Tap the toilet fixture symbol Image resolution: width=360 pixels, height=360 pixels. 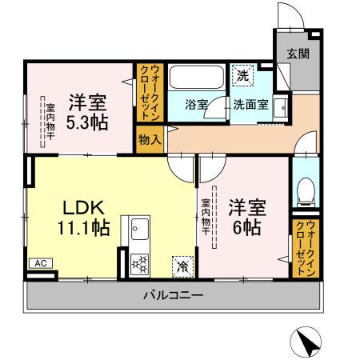click(x=303, y=190)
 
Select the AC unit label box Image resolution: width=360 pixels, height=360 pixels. click(x=39, y=262)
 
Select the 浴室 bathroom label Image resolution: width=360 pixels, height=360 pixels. click(x=196, y=104)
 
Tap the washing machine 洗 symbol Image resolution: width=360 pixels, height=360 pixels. click(x=243, y=77)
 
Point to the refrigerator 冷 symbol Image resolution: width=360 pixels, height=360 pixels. click(x=182, y=263)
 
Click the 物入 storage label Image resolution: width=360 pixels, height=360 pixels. click(x=150, y=138)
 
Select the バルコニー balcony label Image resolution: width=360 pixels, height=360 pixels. click(x=174, y=296)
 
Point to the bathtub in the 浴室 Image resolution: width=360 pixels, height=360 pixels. click(x=195, y=79)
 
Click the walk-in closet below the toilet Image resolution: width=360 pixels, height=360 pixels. click(x=304, y=249)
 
